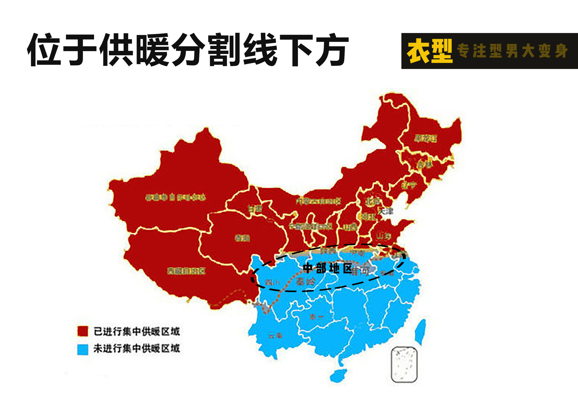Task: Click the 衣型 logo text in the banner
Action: (x=430, y=51)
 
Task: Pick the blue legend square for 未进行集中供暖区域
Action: (x=83, y=350)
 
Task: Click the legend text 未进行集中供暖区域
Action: (x=137, y=349)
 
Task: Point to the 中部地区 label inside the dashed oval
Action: (x=327, y=268)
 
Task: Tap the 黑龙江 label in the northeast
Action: (x=426, y=138)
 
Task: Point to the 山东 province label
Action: (x=384, y=236)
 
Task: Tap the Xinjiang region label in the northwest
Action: (x=175, y=197)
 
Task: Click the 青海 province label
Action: (x=242, y=238)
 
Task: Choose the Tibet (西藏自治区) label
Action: (x=186, y=271)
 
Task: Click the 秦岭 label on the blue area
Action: (x=305, y=282)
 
